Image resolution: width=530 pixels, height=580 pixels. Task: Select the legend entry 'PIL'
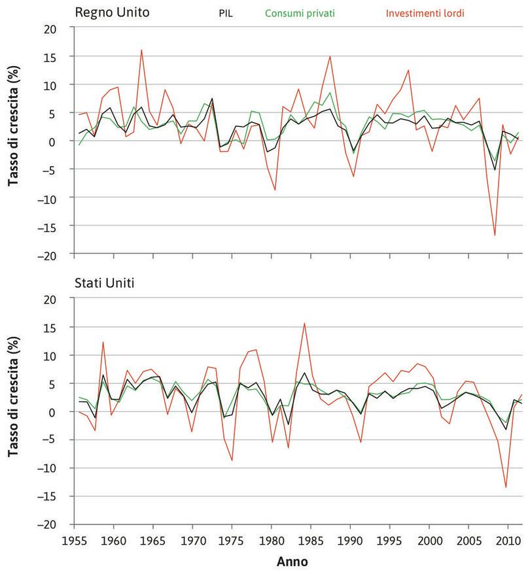pyautogui.click(x=226, y=12)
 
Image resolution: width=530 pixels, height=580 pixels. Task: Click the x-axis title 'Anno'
pyautogui.click(x=292, y=562)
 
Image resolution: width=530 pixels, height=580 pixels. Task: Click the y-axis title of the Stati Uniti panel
pyautogui.click(x=13, y=411)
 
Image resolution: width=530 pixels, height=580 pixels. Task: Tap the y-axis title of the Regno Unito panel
pyautogui.click(x=13, y=141)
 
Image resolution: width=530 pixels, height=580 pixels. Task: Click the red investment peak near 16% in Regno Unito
pyautogui.click(x=141, y=50)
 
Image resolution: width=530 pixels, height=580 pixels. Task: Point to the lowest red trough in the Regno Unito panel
pyautogui.click(x=495, y=235)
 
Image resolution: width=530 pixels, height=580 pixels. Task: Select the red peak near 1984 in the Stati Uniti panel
pyautogui.click(x=304, y=323)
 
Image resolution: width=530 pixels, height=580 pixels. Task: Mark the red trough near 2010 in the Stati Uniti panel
pyautogui.click(x=506, y=487)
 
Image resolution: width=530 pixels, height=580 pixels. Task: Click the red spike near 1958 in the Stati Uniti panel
pyautogui.click(x=103, y=342)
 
